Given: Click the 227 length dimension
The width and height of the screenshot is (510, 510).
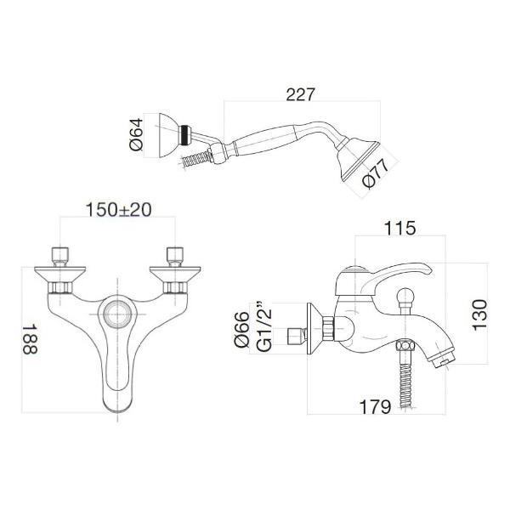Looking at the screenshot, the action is coord(300,94).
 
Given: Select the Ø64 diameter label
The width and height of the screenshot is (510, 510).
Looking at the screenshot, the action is coord(136,134).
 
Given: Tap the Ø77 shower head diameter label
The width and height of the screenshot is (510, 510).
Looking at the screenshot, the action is coord(376,173).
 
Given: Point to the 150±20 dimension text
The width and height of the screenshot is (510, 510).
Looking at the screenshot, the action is coord(118,210).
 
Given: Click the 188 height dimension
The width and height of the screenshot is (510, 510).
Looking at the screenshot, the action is coord(31,338).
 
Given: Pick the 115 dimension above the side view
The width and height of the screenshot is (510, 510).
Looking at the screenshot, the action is coord(399,228).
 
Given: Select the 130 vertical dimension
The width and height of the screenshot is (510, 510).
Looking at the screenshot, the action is coord(480,315).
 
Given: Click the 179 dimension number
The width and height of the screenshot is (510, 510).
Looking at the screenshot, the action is coord(375,406).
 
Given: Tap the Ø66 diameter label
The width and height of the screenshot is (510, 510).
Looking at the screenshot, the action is coord(242,330).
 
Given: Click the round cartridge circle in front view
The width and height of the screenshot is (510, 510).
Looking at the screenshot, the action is coord(117,314).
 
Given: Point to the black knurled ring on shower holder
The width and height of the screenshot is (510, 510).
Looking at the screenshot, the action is coord(184,136).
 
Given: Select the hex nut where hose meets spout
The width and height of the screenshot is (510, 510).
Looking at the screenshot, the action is coord(405,345).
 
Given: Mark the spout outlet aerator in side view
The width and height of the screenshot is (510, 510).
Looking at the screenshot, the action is coord(443,360).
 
